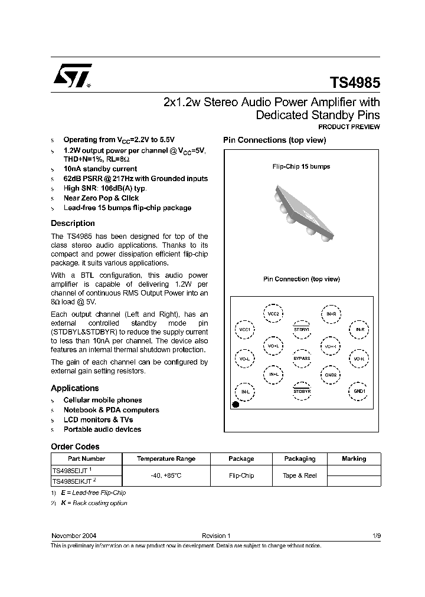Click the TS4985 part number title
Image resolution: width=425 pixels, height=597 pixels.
(354, 82)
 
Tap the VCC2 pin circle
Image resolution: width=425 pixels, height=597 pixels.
(273, 314)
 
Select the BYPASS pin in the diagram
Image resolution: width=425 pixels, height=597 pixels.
(302, 359)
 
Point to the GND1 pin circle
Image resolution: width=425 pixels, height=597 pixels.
(359, 391)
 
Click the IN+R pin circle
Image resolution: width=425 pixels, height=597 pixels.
(331, 314)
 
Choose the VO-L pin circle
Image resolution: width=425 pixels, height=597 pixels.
(244, 359)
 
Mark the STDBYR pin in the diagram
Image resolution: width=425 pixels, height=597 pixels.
(302, 391)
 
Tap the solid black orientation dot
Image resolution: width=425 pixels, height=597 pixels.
(236, 405)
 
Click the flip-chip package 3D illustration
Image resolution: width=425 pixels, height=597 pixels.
(301, 205)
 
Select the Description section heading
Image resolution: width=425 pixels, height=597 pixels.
(73, 224)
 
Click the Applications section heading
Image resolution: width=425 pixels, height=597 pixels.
(74, 388)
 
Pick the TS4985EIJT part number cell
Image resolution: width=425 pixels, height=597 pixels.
(72, 470)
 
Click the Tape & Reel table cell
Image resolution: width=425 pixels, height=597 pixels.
(300, 475)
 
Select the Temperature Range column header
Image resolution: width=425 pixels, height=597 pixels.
(166, 458)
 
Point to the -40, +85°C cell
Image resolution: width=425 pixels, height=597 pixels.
(166, 475)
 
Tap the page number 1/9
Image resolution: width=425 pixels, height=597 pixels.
(377, 536)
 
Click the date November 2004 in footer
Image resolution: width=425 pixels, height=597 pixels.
(74, 536)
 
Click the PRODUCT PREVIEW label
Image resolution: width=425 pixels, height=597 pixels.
(349, 127)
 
